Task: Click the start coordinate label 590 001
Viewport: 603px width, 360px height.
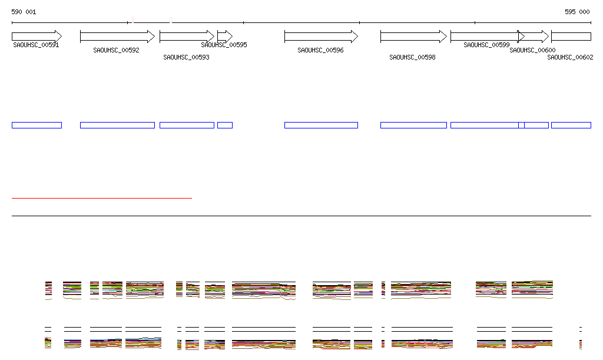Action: [x=24, y=12]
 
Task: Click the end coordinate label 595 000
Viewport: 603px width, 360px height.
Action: [x=577, y=12]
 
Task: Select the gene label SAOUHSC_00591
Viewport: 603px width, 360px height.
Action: [x=36, y=45]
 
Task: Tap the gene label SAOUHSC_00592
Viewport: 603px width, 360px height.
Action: [x=116, y=51]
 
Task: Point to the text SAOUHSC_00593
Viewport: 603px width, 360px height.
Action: [x=186, y=57]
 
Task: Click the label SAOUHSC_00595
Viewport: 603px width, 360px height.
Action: [x=224, y=45]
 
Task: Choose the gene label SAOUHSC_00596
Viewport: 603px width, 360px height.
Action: [x=320, y=51]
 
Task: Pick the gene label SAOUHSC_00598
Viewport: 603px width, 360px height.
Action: [x=412, y=57]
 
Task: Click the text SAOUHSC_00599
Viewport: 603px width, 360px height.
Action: [x=486, y=45]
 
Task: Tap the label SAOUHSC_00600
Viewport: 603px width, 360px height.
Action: [x=532, y=51]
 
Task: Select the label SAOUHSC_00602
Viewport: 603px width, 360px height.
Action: [x=570, y=57]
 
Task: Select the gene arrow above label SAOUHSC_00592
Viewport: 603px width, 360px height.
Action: [x=117, y=36]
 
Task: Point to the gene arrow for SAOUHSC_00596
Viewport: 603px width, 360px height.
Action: [x=321, y=36]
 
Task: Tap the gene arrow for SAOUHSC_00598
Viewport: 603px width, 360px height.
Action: [x=413, y=36]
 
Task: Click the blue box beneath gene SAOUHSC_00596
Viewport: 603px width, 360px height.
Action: [x=321, y=125]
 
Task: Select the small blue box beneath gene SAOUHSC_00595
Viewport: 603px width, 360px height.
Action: [x=225, y=125]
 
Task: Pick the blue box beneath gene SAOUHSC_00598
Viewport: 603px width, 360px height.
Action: [x=413, y=125]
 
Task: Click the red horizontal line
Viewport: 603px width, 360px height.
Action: [x=101, y=198]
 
